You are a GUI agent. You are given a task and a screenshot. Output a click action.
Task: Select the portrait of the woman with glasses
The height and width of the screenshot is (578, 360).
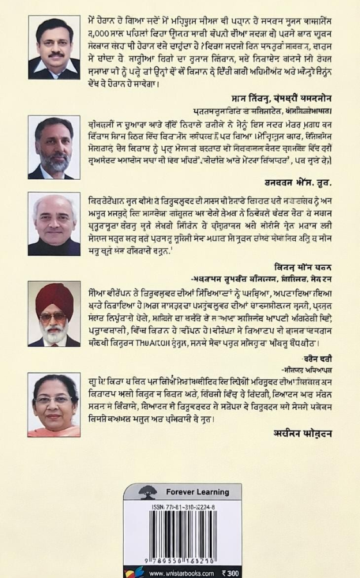(x=54, y=405)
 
